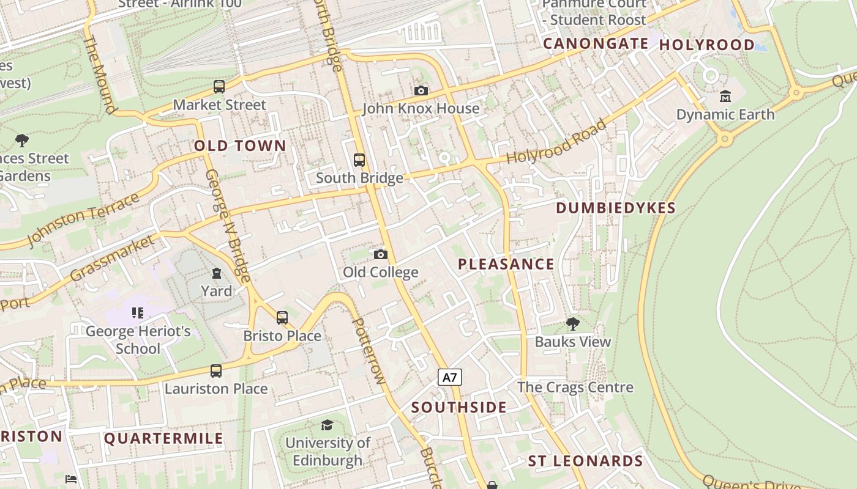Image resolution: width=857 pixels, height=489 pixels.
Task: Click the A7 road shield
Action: (450, 377)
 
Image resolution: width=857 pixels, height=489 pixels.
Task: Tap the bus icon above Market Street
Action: (219, 87)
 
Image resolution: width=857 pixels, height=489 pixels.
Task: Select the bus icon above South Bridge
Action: (359, 160)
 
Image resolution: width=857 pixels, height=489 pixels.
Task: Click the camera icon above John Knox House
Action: (421, 91)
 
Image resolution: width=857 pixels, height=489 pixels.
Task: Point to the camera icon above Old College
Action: (380, 254)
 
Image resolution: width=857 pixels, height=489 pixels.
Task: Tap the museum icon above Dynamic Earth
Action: (725, 96)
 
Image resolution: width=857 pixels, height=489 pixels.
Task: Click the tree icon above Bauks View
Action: (572, 323)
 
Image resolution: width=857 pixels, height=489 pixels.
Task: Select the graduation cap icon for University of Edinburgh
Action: (327, 425)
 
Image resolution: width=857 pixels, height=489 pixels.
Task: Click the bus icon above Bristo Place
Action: (282, 318)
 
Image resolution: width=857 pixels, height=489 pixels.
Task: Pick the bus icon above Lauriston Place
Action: (215, 370)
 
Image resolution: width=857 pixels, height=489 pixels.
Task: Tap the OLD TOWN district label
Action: (240, 145)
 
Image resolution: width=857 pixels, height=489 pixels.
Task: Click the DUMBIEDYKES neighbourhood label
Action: (615, 208)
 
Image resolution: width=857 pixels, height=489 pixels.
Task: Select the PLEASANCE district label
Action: (506, 264)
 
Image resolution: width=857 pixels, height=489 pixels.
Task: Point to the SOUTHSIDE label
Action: (458, 407)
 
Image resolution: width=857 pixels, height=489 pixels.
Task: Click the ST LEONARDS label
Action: (585, 461)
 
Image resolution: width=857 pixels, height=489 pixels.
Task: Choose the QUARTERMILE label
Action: (163, 438)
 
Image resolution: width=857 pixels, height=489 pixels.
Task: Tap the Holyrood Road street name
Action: (556, 142)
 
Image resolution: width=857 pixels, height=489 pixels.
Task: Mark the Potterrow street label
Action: (369, 350)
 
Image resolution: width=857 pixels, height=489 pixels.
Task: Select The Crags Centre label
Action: (575, 387)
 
